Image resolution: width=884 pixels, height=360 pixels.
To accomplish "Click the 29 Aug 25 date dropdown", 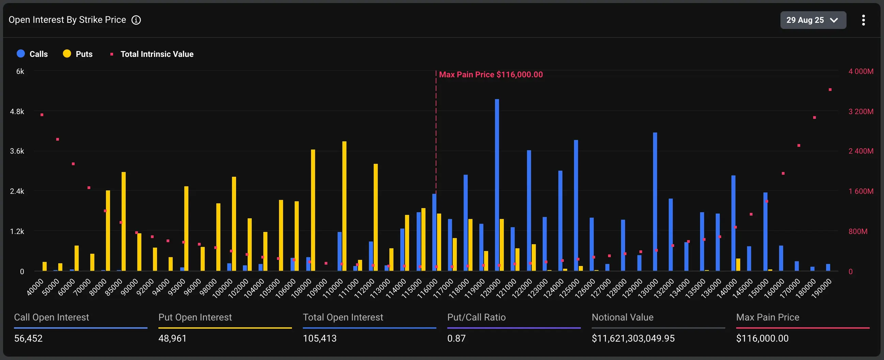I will coord(812,20).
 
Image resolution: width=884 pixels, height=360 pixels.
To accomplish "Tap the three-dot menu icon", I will coord(863,20).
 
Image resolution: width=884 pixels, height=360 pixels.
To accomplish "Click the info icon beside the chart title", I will coord(136,20).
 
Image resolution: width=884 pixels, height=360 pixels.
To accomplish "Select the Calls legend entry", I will coord(32,54).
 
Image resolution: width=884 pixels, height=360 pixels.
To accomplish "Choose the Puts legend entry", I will coord(78,54).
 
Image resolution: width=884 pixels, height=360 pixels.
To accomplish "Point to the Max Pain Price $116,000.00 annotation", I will coord(491,75).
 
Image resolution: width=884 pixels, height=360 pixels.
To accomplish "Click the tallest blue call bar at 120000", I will coord(497,185).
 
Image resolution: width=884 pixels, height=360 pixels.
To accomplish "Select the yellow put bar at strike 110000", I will coord(344,206).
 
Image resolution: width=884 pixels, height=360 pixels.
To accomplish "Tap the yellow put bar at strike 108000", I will coord(313,210).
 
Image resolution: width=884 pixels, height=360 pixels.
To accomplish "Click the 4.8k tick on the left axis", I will coord(17,111).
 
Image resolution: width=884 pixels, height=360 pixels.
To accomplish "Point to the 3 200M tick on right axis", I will coord(860,111).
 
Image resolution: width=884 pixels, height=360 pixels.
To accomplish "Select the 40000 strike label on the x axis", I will coord(35,287).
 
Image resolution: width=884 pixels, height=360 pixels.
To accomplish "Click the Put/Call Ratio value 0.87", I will coord(456,339).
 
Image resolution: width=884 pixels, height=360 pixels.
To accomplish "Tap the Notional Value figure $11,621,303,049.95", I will coord(633,339).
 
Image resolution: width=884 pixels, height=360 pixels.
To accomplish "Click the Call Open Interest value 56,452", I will coord(28,339).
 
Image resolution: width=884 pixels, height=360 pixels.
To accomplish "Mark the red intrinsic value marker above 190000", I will coord(830,90).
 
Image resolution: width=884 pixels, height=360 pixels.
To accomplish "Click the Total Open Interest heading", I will coord(342,317).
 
